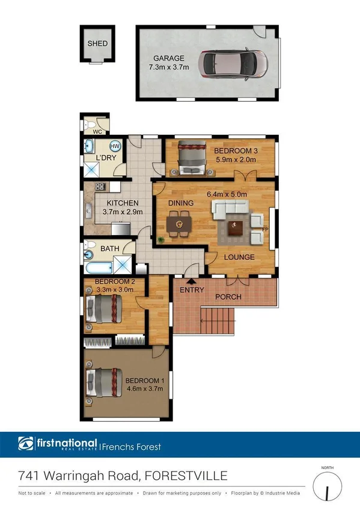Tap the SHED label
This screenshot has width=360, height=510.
[97, 43]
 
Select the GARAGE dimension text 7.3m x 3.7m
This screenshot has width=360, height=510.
[169, 67]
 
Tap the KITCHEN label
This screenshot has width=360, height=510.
[123, 203]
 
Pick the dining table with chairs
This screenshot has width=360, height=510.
[177, 226]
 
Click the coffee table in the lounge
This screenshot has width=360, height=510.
[234, 227]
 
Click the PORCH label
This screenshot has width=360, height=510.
[228, 297]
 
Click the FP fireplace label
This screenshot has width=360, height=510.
[266, 229]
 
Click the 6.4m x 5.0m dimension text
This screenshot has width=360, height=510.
[227, 194]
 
